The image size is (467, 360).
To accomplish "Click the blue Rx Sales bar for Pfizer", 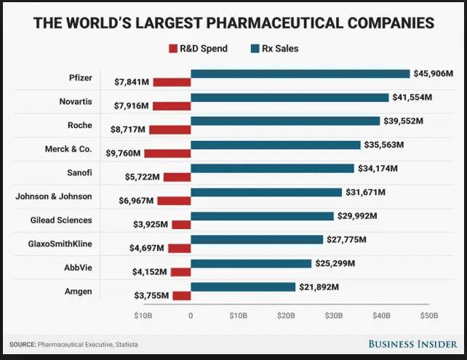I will pyautogui.click(x=300, y=73).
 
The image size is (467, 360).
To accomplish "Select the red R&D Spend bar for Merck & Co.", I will pyautogui.click(x=167, y=153).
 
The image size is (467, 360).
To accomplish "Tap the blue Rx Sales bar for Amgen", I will pyautogui.click(x=243, y=287).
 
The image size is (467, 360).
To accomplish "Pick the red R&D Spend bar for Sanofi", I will pyautogui.click(x=177, y=177).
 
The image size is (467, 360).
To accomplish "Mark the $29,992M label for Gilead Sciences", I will pyautogui.click(x=357, y=215).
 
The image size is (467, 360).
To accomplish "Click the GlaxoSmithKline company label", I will pyautogui.click(x=60, y=244).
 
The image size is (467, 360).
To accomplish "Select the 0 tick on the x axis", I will pyautogui.click(x=191, y=316).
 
